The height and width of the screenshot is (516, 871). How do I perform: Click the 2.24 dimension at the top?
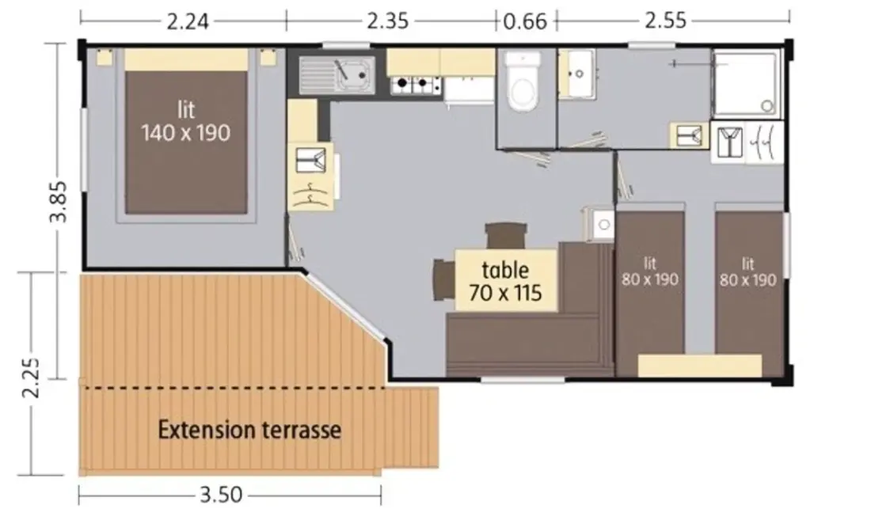click(x=188, y=21)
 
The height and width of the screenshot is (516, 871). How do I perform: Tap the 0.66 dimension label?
click(x=525, y=21)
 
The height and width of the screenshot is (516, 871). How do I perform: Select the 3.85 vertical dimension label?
click(x=58, y=202)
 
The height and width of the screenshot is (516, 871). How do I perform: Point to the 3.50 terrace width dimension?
click(x=221, y=495)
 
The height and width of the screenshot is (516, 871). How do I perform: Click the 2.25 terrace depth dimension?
click(x=31, y=378)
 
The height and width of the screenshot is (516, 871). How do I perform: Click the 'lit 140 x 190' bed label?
click(x=185, y=122)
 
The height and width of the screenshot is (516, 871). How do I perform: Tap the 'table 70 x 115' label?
click(x=505, y=281)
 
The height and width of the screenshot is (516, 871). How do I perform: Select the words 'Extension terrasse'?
click(x=249, y=430)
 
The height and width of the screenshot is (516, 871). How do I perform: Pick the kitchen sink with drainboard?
click(x=337, y=74)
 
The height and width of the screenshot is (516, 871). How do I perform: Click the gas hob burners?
click(x=416, y=85)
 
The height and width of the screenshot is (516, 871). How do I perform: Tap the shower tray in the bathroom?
click(x=747, y=83)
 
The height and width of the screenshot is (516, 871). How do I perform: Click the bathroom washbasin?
click(x=577, y=74)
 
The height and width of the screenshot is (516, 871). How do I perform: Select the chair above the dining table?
click(x=505, y=236)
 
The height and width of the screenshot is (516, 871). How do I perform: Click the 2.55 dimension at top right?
click(x=665, y=21)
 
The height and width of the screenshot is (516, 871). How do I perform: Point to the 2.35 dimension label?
click(x=388, y=21)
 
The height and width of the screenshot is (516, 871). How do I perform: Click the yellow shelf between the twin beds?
click(x=699, y=366)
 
